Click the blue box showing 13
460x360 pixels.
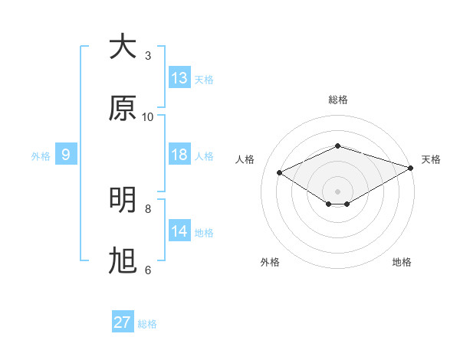click(179, 78)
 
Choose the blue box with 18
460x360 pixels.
click(179, 155)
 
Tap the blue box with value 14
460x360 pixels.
click(179, 231)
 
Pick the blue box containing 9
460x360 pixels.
click(66, 155)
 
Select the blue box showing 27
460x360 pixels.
click(123, 322)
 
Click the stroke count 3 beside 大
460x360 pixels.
click(148, 56)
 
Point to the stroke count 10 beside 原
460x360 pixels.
click(148, 117)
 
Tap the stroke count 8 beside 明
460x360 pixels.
click(148, 208)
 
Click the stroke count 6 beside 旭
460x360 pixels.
click(148, 270)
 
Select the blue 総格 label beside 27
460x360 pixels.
click(147, 324)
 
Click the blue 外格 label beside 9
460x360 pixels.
click(41, 156)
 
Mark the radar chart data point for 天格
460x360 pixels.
click(412, 168)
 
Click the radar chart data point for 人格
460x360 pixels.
click(280, 172)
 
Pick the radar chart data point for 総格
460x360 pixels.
click(338, 146)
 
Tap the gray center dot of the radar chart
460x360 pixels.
click(338, 191)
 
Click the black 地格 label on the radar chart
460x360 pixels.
click(402, 262)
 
